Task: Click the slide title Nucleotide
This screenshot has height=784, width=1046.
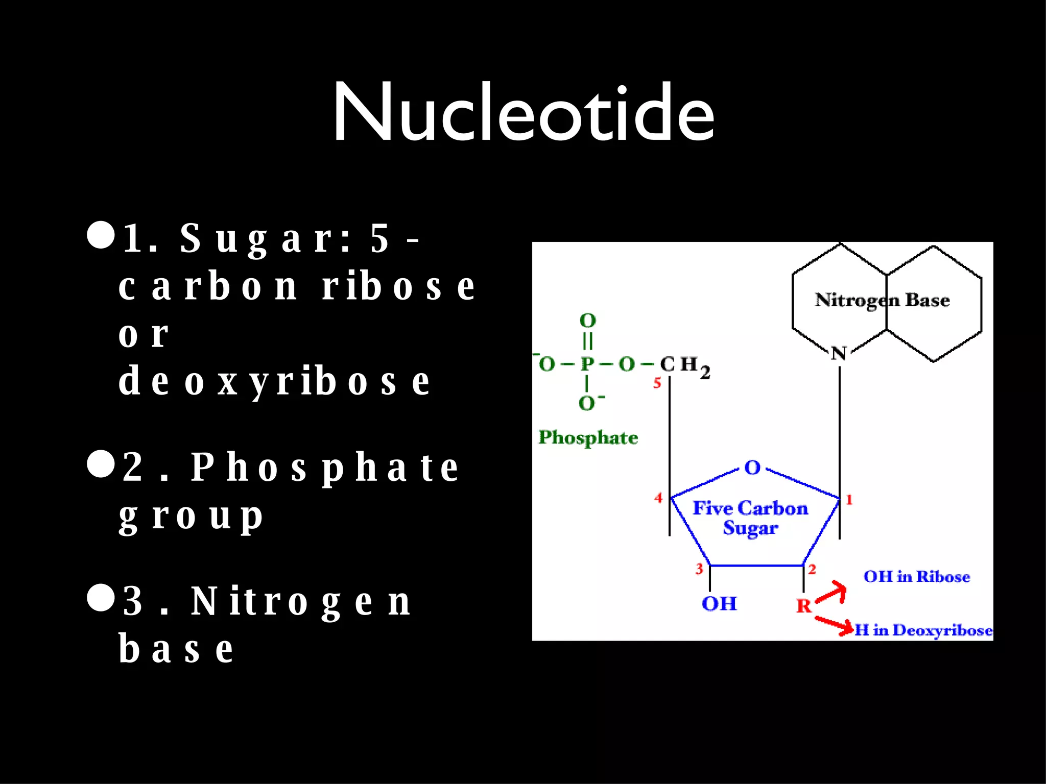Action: coord(523,112)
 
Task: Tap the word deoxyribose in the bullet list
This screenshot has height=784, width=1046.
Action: coord(275,381)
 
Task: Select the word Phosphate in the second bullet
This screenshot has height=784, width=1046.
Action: coord(325,468)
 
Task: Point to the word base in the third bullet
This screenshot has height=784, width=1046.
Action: coord(177,649)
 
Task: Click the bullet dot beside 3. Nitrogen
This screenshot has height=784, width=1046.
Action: coord(101,598)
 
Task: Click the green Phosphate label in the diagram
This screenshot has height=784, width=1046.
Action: coord(588,437)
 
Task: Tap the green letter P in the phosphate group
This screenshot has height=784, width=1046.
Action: coord(587,364)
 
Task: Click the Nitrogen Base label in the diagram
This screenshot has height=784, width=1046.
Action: coord(882,300)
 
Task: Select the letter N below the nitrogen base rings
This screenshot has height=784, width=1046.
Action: coord(839,353)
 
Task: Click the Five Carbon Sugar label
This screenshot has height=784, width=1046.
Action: coord(750,518)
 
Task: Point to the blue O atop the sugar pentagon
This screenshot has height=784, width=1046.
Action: coord(752,468)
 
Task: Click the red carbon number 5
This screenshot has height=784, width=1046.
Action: coord(657,383)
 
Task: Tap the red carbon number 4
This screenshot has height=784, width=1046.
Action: coord(658,498)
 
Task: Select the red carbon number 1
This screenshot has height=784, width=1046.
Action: coord(849,500)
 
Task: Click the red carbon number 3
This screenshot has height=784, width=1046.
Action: coord(699,569)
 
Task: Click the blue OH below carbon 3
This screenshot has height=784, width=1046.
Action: coord(719,604)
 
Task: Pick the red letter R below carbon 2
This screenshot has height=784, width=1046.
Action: coord(803,606)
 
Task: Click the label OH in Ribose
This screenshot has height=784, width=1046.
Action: coord(916,577)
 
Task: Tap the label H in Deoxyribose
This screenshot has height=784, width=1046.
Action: coord(923,630)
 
